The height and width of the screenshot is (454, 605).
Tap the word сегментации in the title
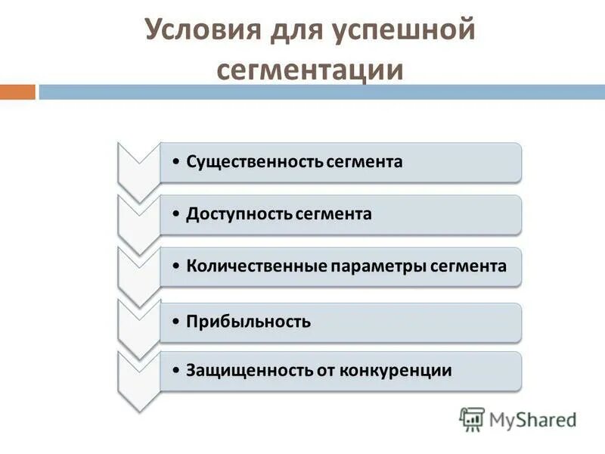point(309,69)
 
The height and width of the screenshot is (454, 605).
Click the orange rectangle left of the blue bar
point(17,92)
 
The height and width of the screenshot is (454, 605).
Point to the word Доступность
point(238,214)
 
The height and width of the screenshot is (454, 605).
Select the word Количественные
point(256,266)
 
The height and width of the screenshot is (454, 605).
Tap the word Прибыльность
point(248,322)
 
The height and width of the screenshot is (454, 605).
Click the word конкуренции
point(395,371)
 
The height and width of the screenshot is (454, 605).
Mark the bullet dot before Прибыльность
point(175,322)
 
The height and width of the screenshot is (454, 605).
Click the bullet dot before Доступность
point(175,214)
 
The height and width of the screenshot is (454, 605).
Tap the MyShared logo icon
point(472,419)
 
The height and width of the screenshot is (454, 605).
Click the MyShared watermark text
point(533,419)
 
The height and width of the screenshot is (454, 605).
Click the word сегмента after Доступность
point(334,214)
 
